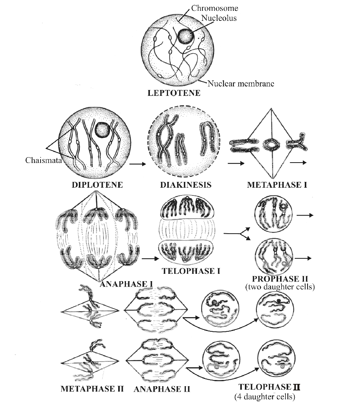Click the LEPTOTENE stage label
point(174,93)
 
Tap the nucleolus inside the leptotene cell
point(186,37)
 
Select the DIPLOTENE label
point(97,185)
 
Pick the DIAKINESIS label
point(186,185)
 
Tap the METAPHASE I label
point(277,185)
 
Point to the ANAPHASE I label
point(127,285)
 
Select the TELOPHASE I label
point(191,271)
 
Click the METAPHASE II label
point(92,389)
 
